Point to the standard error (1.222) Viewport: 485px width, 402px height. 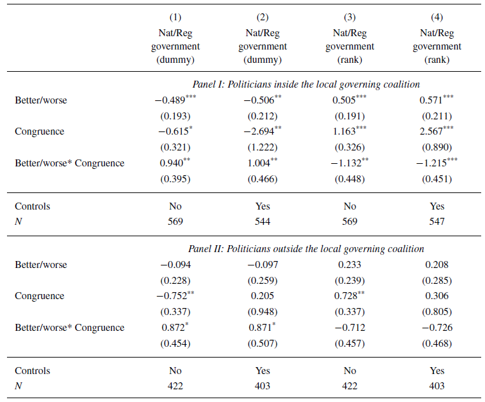coord(263,147)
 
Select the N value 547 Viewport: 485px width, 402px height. coord(437,222)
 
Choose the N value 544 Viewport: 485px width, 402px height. coord(263,222)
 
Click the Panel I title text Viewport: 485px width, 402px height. coord(306,84)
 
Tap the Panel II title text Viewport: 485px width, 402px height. coord(306,249)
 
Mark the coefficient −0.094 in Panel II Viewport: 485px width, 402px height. coord(175,265)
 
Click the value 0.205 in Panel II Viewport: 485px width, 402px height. coord(263,296)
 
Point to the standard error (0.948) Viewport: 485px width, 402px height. coord(263,311)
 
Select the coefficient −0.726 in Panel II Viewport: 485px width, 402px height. coord(437,327)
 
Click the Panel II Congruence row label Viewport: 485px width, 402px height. coord(39,296)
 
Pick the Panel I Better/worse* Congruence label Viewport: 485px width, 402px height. coord(69,163)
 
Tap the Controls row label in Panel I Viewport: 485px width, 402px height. coord(32,206)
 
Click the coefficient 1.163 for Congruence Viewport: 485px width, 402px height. coord(346,131)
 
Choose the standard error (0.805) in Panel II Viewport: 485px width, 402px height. coord(437,311)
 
